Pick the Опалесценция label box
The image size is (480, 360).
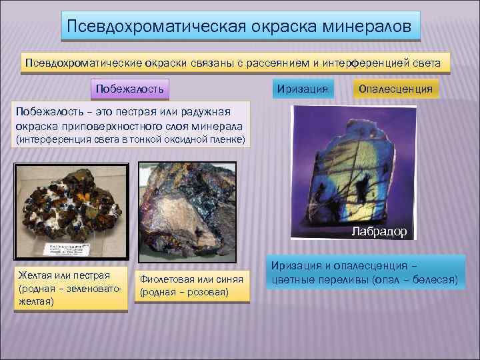pos(395,88)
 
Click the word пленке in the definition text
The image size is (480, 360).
pos(227,139)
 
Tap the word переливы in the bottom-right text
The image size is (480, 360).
pos(345,280)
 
